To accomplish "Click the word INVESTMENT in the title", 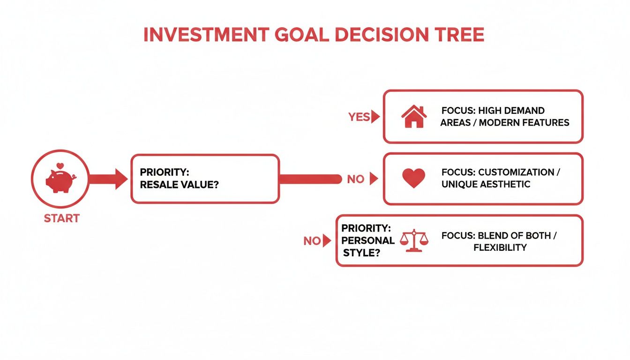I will pyautogui.click(x=206, y=36).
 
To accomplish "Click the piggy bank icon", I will pyautogui.click(x=59, y=181).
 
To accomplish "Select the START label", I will pyautogui.click(x=61, y=218).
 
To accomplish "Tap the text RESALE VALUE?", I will pyautogui.click(x=180, y=185).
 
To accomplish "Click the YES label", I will pyautogui.click(x=359, y=117).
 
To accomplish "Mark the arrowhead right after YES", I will pyautogui.click(x=375, y=117).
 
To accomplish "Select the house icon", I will pyautogui.click(x=414, y=117).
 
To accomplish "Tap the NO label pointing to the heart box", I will pyautogui.click(x=356, y=179).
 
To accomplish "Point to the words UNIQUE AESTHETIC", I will pyautogui.click(x=486, y=184).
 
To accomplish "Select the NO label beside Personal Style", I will pyautogui.click(x=312, y=241).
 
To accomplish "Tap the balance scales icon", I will pyautogui.click(x=414, y=240).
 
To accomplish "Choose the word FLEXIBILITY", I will pyautogui.click(x=500, y=247).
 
